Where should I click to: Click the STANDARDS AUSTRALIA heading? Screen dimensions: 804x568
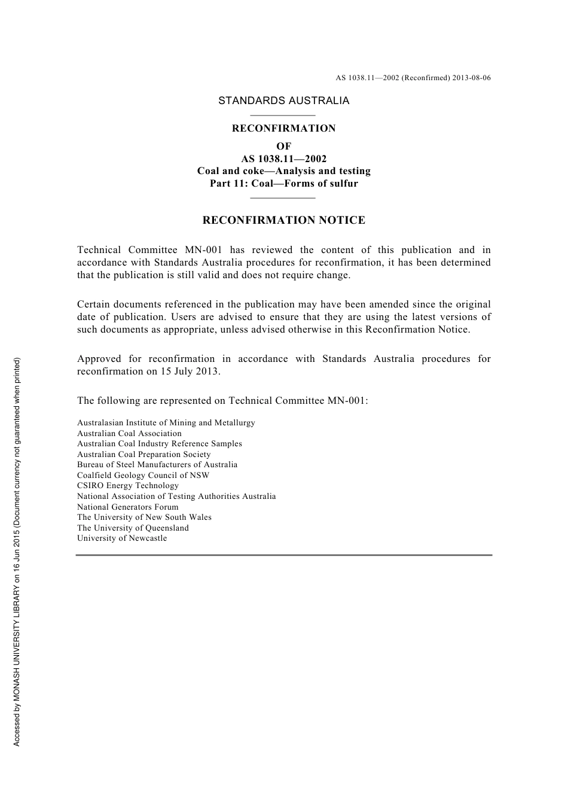[283, 100]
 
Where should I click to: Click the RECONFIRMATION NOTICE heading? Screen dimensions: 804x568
[283, 220]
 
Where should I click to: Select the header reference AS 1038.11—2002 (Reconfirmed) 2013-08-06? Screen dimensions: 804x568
[413, 78]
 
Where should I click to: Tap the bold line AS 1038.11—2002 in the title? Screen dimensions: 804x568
[283, 159]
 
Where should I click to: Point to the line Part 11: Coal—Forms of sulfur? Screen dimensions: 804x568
[283, 184]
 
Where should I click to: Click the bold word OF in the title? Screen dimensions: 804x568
[283, 146]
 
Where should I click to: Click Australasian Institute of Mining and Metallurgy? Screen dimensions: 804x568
[166, 423]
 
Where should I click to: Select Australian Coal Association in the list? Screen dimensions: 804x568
[129, 434]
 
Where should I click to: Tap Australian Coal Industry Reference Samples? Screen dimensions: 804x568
[159, 444]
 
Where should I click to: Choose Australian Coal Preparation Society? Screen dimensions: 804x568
[143, 455]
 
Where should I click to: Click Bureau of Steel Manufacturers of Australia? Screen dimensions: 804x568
[157, 465]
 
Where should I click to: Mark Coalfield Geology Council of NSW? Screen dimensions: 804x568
[143, 476]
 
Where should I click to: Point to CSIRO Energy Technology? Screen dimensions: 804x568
[127, 486]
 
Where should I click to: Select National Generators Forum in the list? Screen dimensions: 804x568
[127, 507]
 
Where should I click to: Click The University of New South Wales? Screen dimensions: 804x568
[144, 517]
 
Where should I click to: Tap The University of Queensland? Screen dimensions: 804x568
[133, 528]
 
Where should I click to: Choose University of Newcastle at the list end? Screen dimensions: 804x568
[122, 538]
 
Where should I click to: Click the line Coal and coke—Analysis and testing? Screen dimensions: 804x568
[283, 171]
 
